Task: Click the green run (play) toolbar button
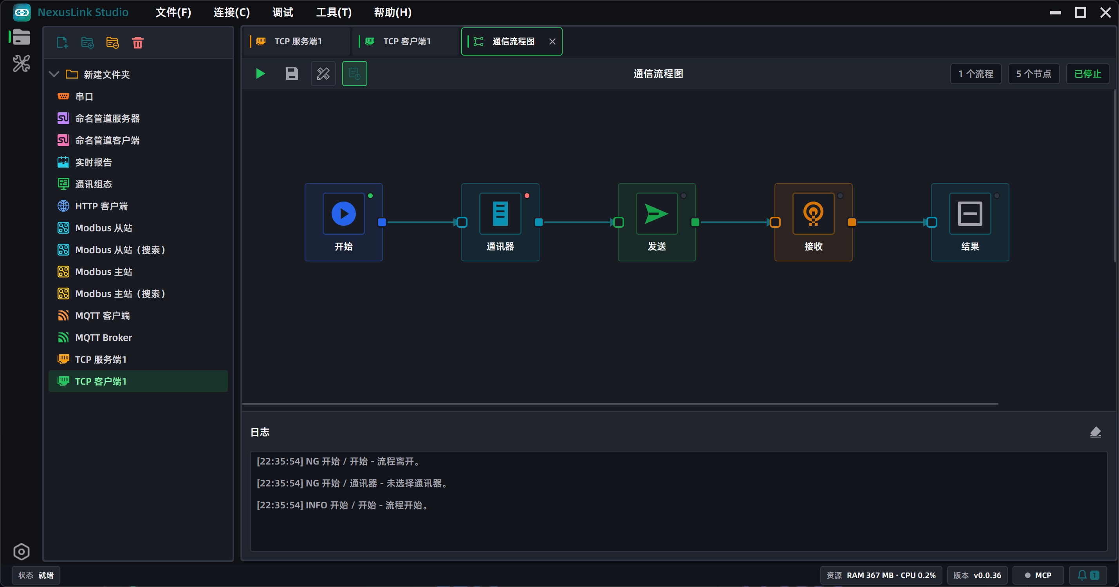tap(261, 74)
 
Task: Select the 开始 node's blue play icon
tap(344, 214)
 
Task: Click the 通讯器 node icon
tap(500, 214)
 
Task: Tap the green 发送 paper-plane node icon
tap(656, 214)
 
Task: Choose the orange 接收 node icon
tap(813, 214)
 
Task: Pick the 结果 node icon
tap(969, 214)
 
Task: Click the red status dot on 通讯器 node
tap(527, 196)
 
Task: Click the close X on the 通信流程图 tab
tap(552, 42)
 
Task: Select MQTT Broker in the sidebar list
tap(103, 337)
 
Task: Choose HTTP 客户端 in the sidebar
tap(101, 206)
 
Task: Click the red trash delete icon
tap(138, 43)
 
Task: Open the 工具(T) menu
tap(334, 12)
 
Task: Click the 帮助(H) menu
tap(393, 12)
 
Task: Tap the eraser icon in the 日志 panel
tap(1095, 432)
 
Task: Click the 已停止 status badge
tap(1087, 74)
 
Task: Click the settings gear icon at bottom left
tap(21, 552)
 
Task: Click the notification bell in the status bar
tap(1082, 575)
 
